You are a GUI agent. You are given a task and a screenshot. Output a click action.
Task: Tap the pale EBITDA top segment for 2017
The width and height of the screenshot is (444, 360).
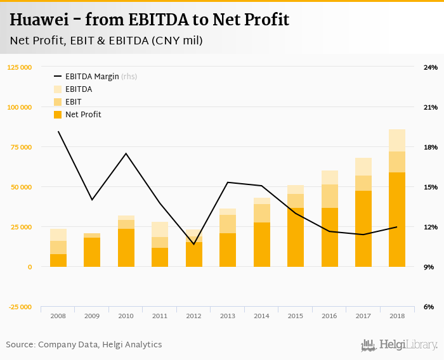(363, 167)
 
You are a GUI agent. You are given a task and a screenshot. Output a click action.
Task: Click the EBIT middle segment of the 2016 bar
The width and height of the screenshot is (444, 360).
(329, 196)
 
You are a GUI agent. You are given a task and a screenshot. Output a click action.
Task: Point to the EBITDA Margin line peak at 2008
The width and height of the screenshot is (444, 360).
(58, 131)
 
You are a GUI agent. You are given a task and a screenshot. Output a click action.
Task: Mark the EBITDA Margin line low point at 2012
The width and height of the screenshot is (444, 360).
(194, 244)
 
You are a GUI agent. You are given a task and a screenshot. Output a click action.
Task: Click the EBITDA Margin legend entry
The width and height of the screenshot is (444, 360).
(92, 77)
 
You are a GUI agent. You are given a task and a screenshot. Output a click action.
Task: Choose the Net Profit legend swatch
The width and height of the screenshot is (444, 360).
(58, 115)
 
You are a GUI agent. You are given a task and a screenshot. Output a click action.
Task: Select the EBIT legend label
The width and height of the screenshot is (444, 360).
(73, 102)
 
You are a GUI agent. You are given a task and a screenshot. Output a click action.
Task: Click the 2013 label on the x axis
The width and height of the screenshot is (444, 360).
(228, 315)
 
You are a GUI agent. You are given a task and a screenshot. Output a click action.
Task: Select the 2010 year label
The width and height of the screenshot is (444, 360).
(126, 315)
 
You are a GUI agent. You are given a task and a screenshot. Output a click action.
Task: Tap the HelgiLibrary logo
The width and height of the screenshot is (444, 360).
(400, 345)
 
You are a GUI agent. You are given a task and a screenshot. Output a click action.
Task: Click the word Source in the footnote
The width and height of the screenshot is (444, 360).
(20, 345)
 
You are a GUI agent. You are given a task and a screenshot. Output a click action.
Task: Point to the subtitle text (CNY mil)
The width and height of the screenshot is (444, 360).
(177, 41)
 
